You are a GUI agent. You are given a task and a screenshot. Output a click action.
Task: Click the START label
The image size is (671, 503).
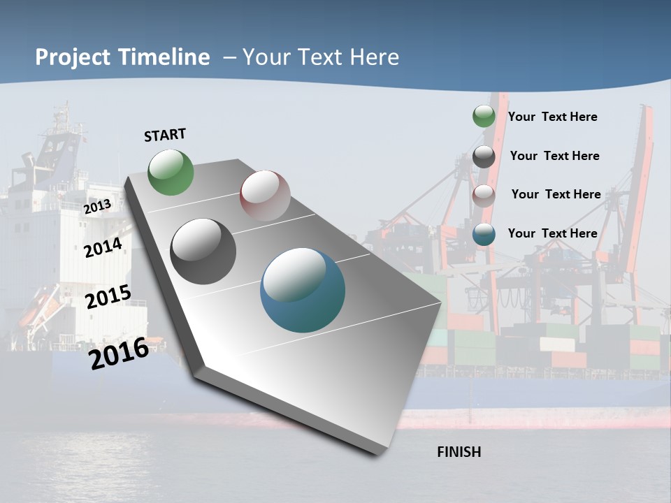[165, 135]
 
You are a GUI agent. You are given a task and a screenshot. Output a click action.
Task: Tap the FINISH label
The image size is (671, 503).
[459, 452]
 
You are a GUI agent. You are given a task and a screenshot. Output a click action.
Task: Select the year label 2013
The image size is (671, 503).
[97, 207]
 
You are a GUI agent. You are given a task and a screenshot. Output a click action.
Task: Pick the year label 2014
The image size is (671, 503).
[103, 248]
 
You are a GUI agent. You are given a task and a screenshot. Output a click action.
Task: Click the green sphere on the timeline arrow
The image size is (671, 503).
[171, 172]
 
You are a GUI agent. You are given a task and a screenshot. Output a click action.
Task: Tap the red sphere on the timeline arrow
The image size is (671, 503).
[265, 196]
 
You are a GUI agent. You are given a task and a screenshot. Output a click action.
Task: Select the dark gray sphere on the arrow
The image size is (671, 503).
[203, 251]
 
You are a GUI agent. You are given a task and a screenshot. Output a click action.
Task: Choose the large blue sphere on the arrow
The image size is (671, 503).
[303, 290]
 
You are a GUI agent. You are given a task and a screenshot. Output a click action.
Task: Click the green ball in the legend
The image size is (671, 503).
[484, 116]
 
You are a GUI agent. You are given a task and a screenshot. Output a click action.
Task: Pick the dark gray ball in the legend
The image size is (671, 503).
[484, 156]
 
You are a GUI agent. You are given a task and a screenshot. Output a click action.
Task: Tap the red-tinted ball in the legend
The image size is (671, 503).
[484, 195]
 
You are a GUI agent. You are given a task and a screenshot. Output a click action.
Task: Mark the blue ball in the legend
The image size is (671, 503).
[484, 234]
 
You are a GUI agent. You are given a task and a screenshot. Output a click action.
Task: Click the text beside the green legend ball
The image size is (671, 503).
[552, 117]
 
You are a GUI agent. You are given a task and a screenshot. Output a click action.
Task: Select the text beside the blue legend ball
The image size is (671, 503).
[552, 233]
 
